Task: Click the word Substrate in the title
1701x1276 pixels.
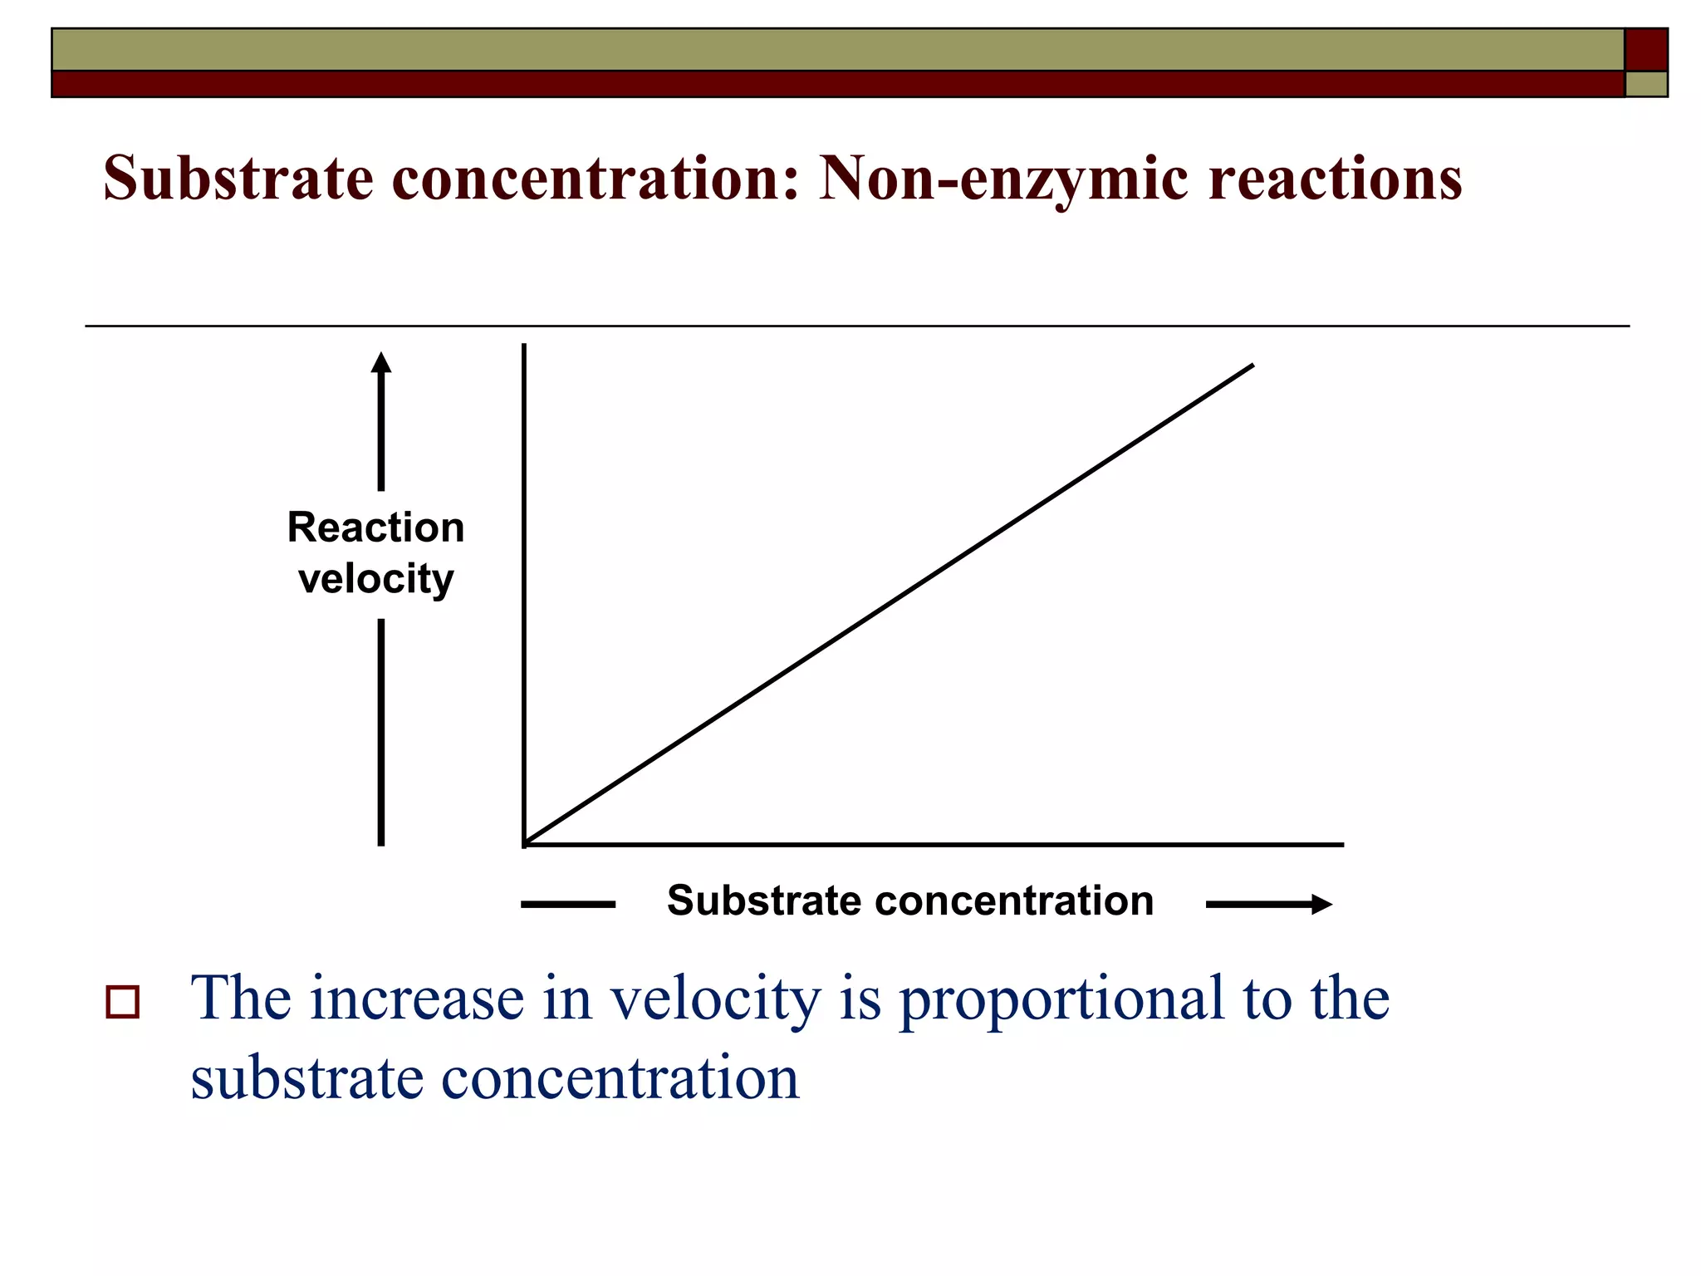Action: click(238, 178)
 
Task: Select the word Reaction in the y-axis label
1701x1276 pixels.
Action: click(375, 528)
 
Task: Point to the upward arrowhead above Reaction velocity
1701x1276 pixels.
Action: click(381, 362)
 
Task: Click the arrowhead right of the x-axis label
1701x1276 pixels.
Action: click(1321, 904)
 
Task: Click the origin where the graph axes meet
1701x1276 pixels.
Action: click(525, 844)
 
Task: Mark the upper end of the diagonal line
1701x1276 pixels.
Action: click(1252, 366)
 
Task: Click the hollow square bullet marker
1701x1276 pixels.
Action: click(123, 1002)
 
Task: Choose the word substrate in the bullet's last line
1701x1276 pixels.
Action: click(307, 1078)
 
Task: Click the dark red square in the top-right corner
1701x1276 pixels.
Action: click(1645, 50)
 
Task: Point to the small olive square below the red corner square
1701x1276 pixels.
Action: click(1645, 84)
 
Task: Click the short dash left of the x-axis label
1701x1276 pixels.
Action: click(568, 904)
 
